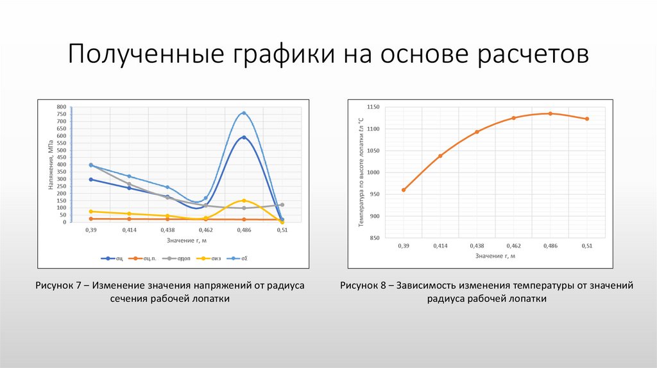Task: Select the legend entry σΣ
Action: point(241,258)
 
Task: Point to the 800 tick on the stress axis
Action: point(61,107)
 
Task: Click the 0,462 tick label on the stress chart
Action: point(205,230)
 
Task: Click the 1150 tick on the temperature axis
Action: point(374,107)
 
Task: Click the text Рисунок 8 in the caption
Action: point(365,286)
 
